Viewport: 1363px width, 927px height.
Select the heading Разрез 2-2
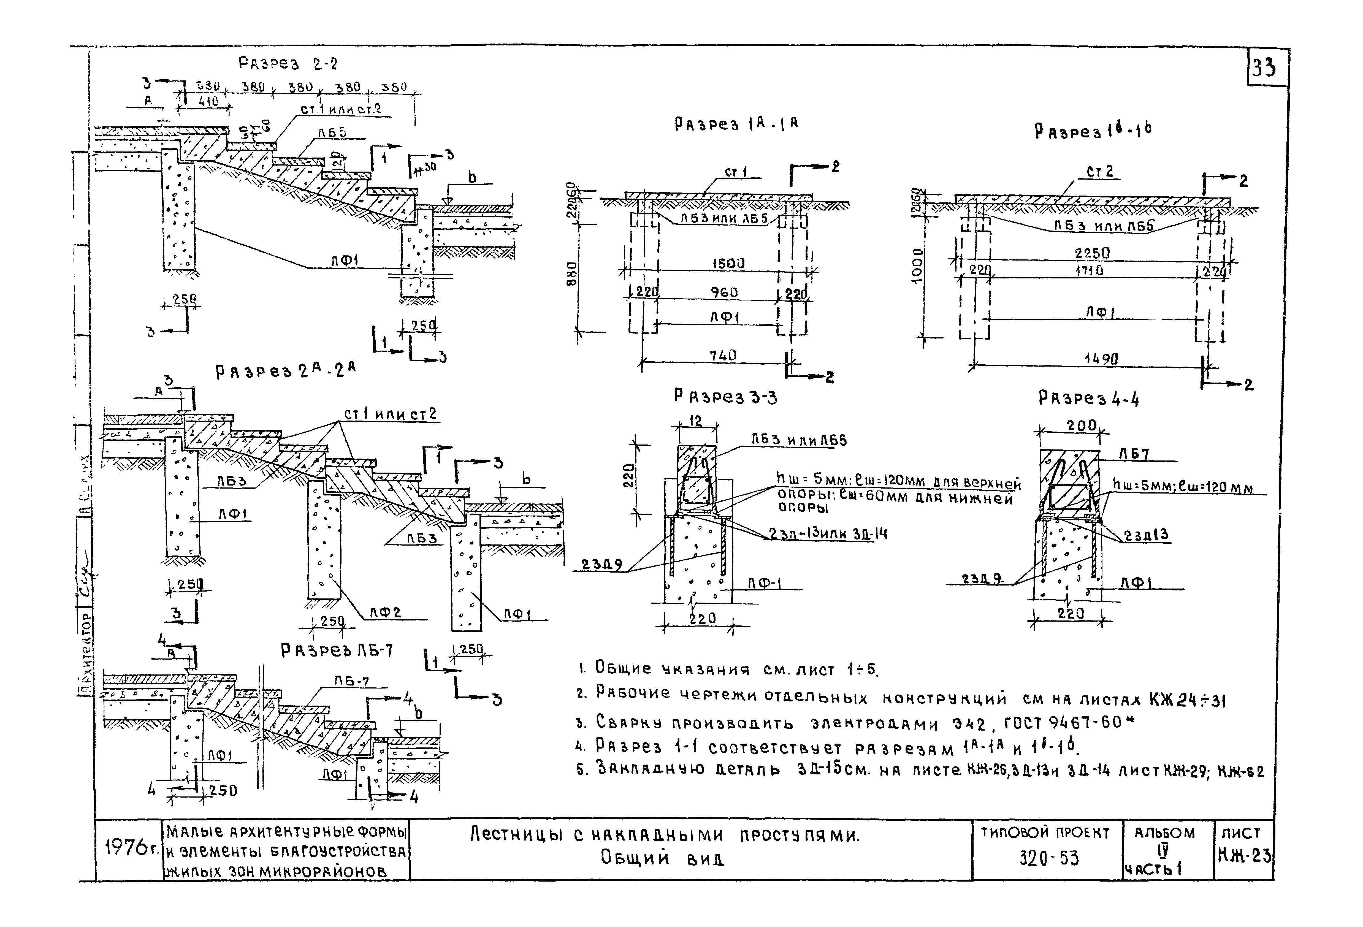click(x=288, y=63)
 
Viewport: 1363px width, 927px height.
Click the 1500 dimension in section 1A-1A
click(x=728, y=264)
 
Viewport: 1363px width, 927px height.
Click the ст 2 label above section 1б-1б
click(x=1100, y=172)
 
